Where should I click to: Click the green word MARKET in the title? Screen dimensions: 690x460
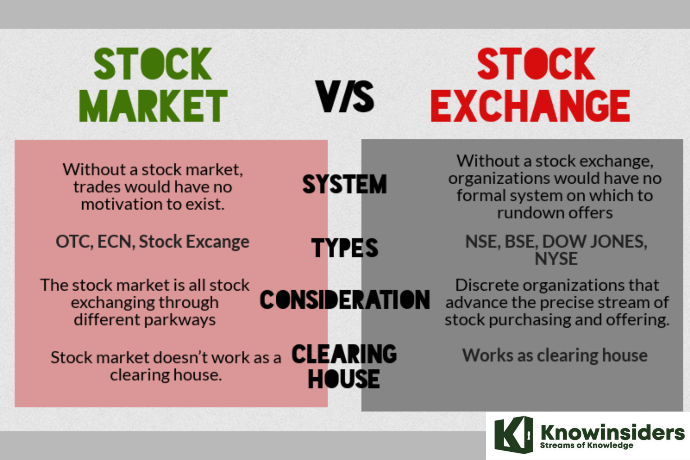[x=153, y=105]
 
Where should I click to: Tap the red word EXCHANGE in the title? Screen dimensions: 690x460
[x=530, y=105]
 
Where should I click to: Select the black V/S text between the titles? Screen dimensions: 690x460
[x=345, y=96]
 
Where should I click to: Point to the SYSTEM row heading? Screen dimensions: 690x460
[x=344, y=184]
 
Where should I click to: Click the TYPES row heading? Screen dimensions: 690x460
[x=345, y=248]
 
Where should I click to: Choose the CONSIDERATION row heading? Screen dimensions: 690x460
[x=345, y=300]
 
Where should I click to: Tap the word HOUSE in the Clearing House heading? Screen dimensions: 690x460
[x=344, y=379]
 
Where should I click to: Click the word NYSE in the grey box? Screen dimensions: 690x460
[x=556, y=259]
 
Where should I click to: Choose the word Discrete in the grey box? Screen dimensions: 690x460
[x=487, y=285]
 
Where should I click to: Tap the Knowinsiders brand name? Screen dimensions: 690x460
[x=612, y=432]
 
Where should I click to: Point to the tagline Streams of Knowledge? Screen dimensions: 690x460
[x=586, y=446]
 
